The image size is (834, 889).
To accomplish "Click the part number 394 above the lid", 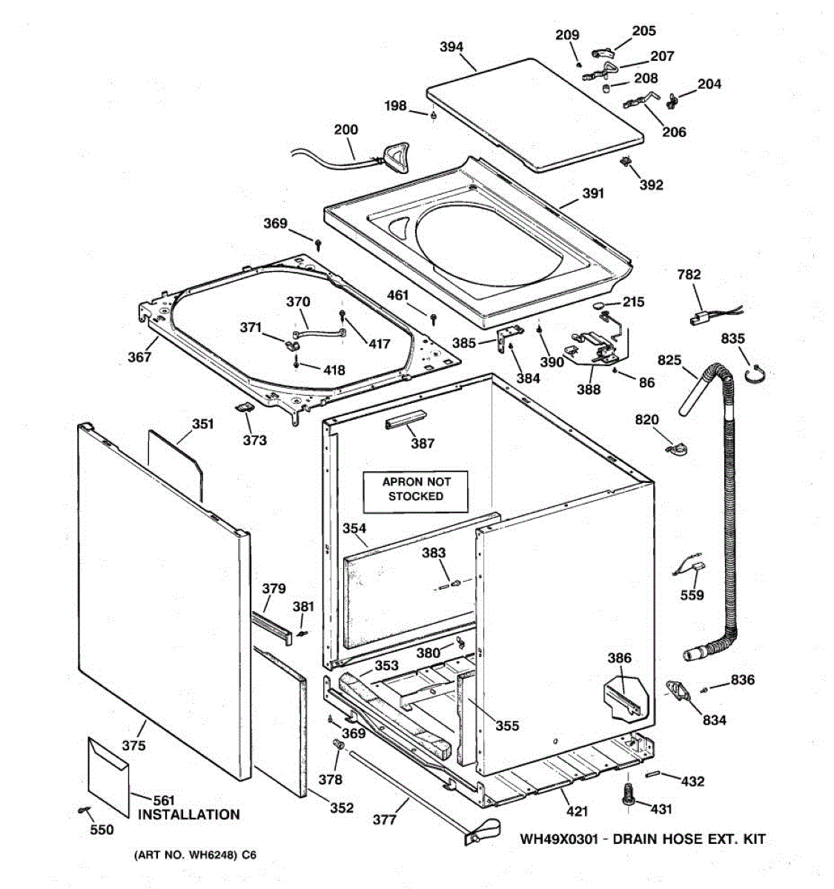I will (x=451, y=47).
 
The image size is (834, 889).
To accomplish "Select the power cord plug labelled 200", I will (x=392, y=156).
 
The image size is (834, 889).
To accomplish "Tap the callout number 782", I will (x=689, y=274).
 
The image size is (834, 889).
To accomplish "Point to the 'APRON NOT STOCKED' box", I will (x=416, y=489).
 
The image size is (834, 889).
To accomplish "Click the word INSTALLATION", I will (x=189, y=814).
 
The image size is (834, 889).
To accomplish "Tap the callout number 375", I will (x=133, y=745).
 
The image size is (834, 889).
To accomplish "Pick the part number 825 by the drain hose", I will (x=669, y=360).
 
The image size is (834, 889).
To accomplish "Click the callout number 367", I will (x=139, y=356).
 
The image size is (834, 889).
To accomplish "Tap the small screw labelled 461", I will (x=434, y=318).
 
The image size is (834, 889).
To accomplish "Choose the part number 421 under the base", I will (x=577, y=812).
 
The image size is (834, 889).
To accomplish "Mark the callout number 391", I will (x=592, y=193).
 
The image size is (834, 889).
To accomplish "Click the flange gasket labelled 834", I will (x=677, y=690).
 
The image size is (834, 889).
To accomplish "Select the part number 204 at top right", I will (x=709, y=84).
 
